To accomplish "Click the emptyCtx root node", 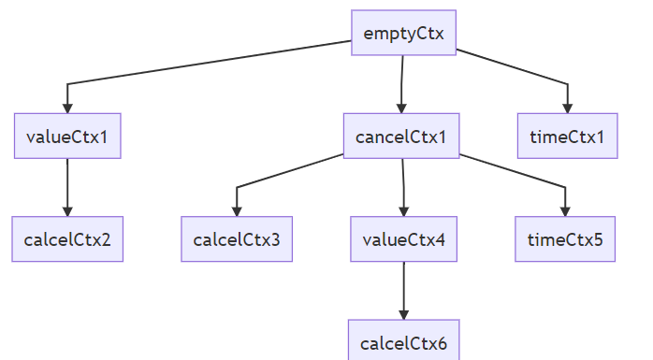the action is [403, 33].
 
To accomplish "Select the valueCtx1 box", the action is [67, 137].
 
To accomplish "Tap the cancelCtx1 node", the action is [401, 137].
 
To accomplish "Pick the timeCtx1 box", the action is [568, 137].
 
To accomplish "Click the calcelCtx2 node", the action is [67, 239].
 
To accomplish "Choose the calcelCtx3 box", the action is [237, 239].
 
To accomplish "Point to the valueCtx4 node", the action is [403, 239].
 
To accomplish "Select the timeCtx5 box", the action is [565, 239].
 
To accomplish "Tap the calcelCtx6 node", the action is [403, 341].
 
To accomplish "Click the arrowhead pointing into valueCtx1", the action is [67, 108].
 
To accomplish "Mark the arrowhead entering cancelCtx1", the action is [401, 108].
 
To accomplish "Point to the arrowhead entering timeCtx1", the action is [568, 108].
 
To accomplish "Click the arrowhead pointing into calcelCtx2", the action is [67, 212].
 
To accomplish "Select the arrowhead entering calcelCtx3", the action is [237, 212].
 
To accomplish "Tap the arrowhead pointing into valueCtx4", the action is [403, 212].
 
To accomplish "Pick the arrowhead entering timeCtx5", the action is [565, 212].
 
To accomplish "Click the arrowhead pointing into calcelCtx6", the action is [403, 315].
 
